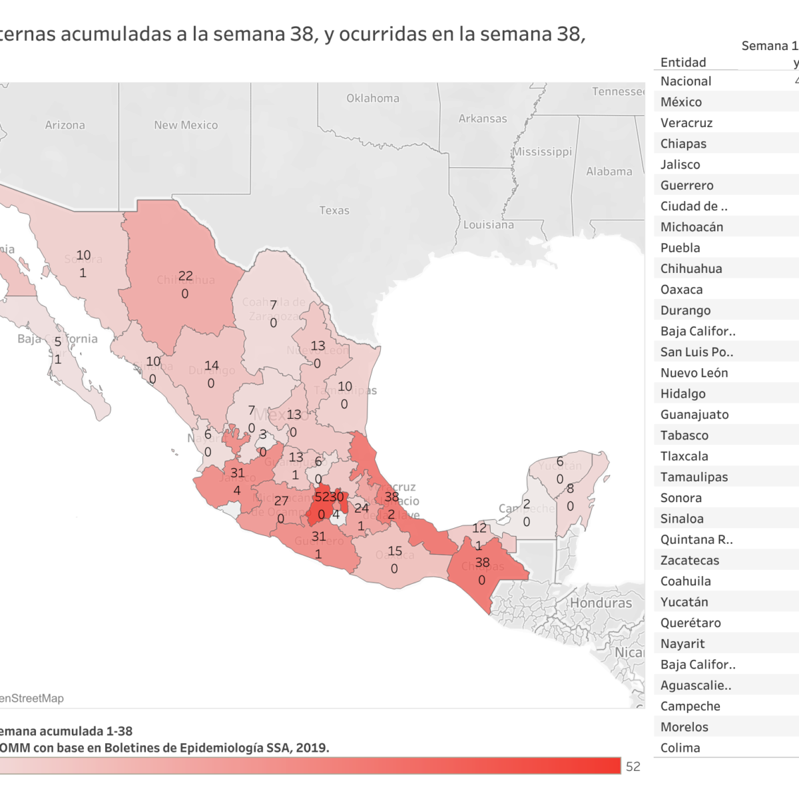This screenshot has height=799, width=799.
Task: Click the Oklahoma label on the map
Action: [373, 99]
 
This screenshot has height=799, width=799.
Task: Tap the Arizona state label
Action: [65, 125]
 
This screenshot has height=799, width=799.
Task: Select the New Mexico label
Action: [186, 125]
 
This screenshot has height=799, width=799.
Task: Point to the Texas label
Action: [334, 210]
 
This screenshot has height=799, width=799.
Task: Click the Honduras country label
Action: [601, 603]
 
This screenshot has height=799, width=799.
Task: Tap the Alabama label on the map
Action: [609, 172]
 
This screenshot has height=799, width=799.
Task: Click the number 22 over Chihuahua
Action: [186, 276]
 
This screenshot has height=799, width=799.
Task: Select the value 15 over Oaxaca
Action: [395, 551]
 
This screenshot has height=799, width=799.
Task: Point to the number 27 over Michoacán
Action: [282, 501]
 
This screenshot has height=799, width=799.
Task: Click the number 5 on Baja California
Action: [58, 342]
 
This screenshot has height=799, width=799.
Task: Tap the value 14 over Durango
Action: [212, 366]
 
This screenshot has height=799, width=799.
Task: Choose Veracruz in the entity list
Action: [686, 123]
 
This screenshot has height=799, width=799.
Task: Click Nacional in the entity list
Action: [686, 81]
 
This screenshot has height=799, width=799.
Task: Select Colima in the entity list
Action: [680, 748]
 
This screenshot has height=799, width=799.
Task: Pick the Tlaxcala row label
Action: [684, 456]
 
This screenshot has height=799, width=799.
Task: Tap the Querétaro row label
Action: [690, 623]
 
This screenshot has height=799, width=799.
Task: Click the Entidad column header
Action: [683, 63]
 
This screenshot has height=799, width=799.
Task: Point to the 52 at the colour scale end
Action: [633, 766]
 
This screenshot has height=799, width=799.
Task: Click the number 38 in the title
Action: [302, 34]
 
